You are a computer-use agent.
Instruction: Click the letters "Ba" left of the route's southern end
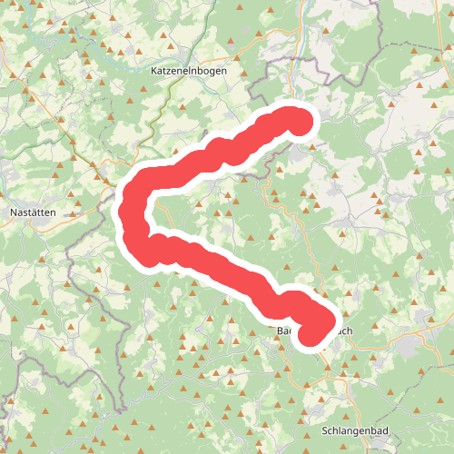pos(282,331)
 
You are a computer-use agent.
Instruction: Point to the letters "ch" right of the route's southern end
pos(345,331)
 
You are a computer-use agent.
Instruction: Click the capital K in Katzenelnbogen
pos(152,69)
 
